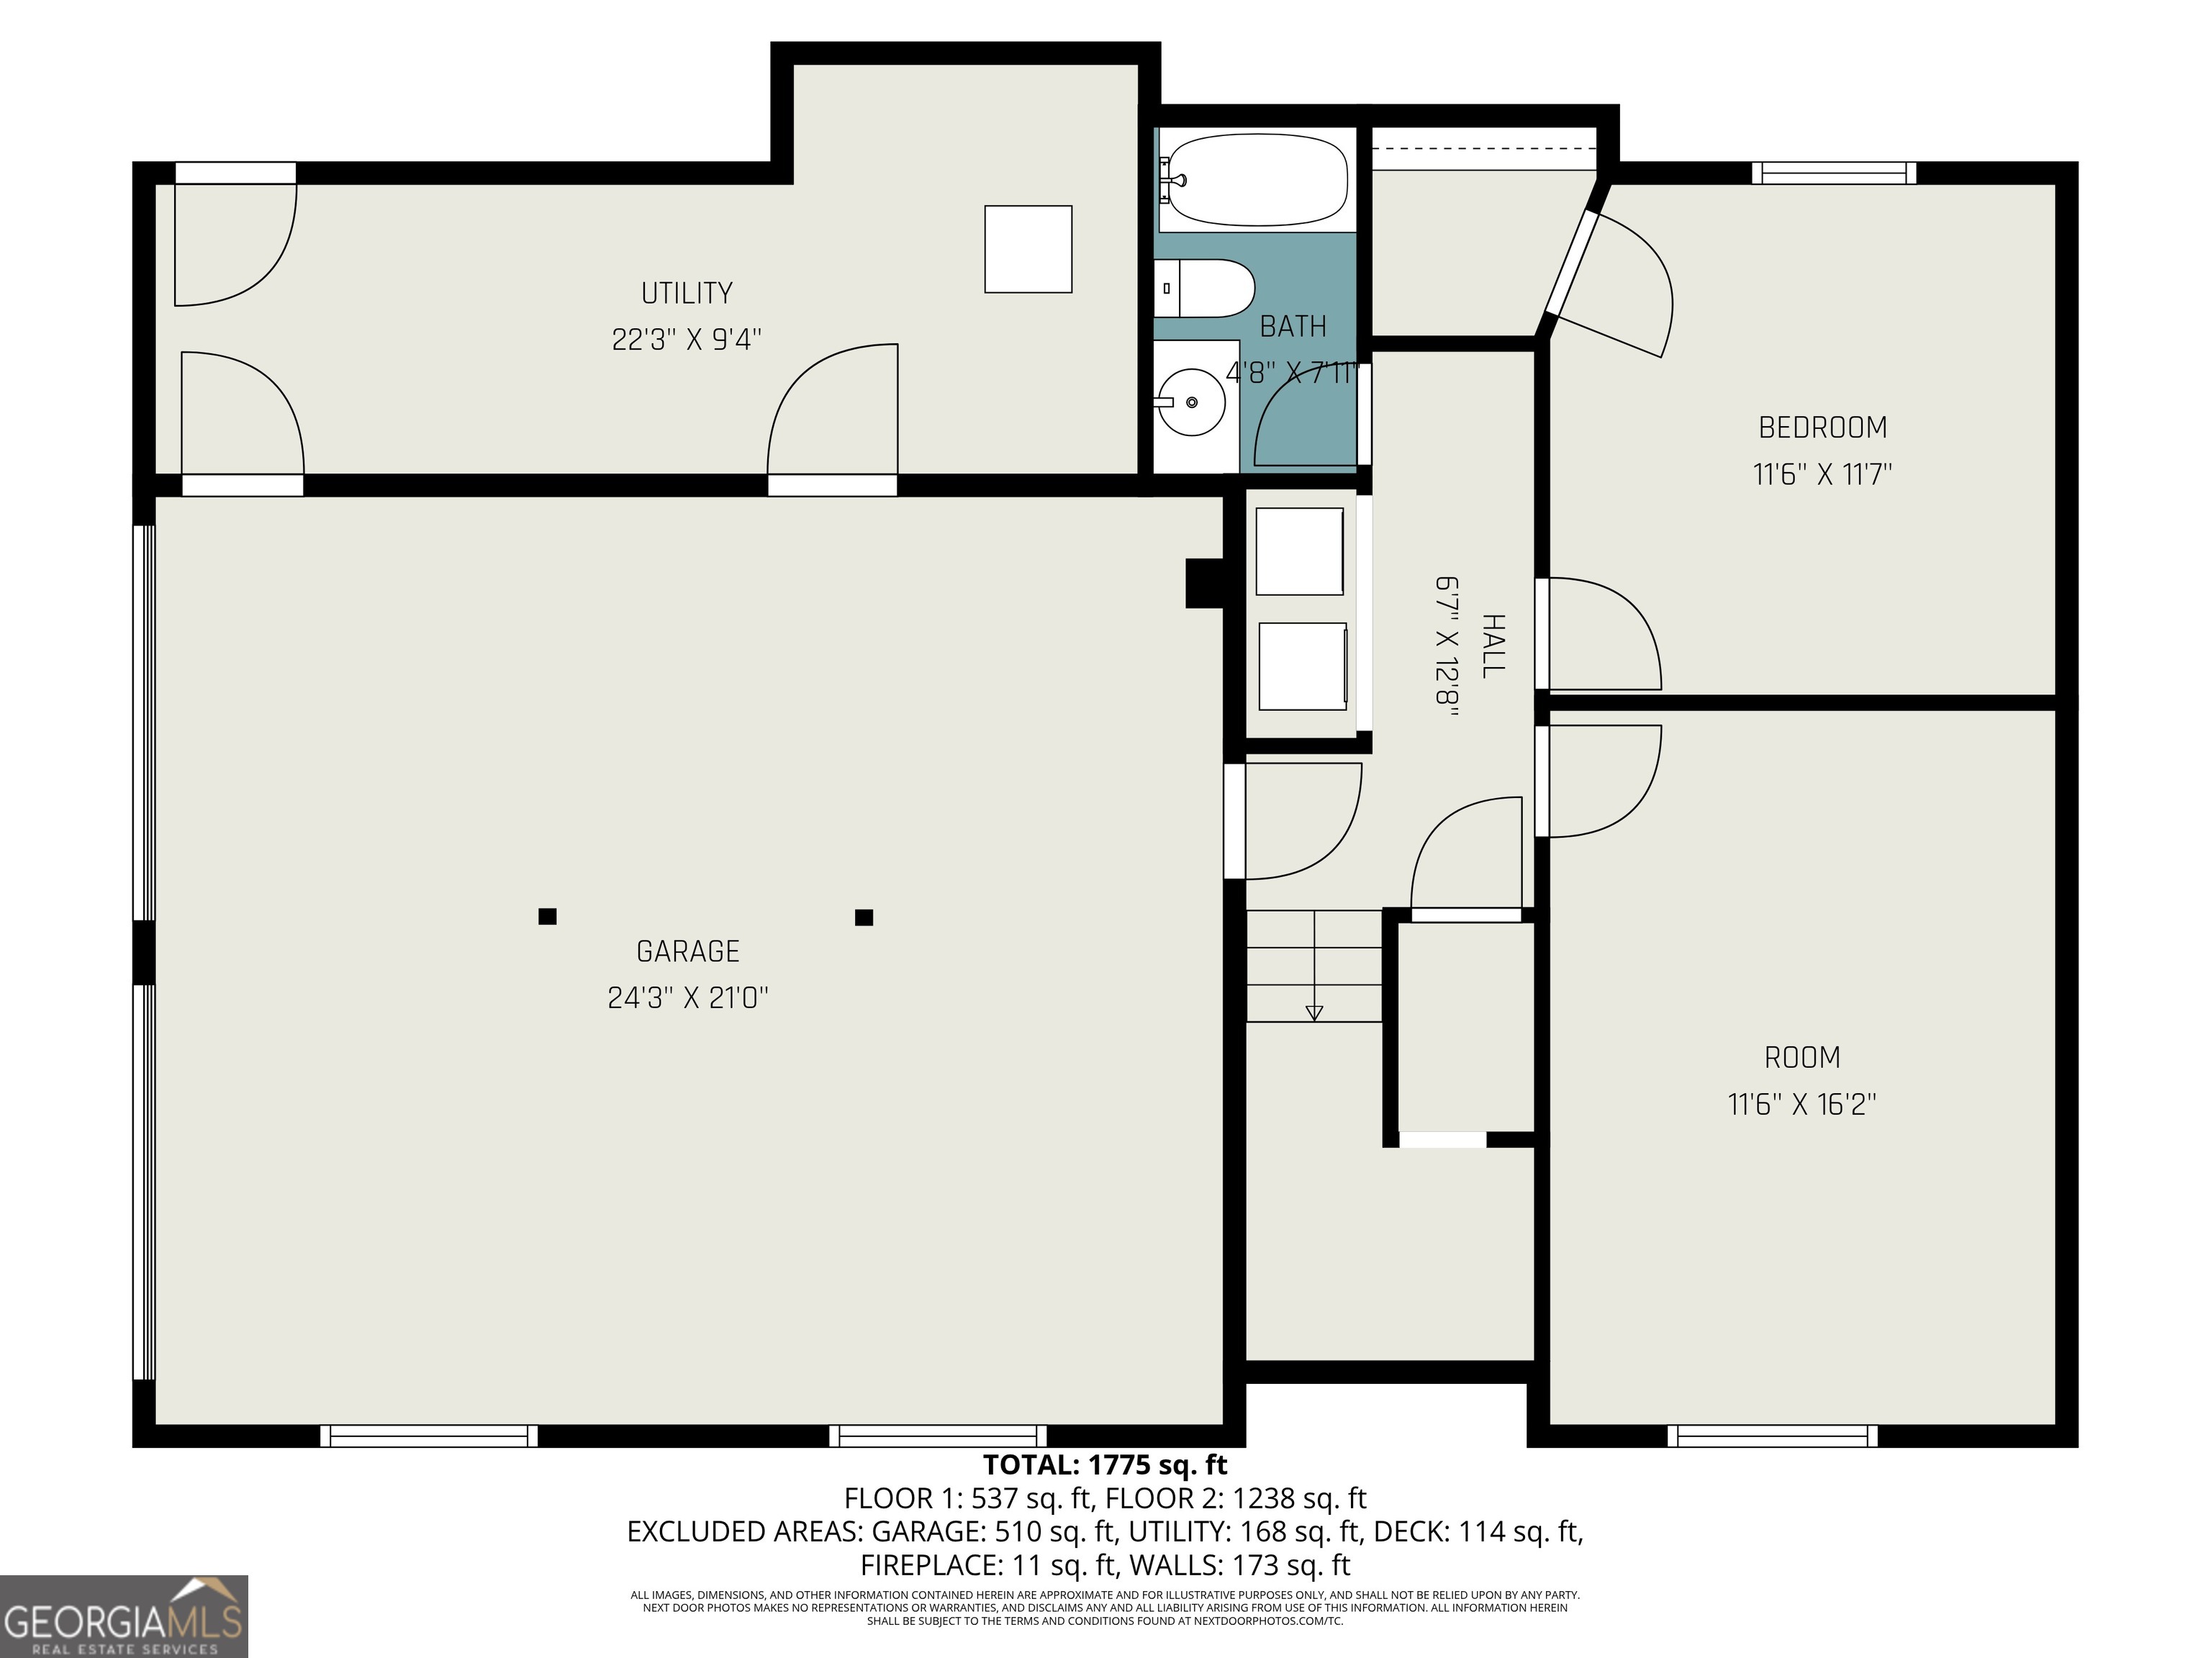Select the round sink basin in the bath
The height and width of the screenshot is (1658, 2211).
click(1191, 402)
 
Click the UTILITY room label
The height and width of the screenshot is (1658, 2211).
click(687, 293)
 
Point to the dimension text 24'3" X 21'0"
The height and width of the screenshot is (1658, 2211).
click(687, 997)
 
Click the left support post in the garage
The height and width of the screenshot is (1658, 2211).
click(547, 917)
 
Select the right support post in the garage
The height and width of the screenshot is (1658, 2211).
click(864, 918)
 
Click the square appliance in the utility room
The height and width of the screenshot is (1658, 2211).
click(1028, 249)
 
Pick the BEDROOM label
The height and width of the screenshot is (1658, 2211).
click(1822, 427)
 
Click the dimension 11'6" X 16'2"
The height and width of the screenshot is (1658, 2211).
click(1801, 1105)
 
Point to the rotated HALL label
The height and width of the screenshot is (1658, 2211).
click(1492, 647)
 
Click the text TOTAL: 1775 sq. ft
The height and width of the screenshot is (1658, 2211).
click(1105, 1465)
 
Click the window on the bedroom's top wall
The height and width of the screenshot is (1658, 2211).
click(1833, 173)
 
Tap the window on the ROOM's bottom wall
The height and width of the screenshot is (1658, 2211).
click(1771, 1436)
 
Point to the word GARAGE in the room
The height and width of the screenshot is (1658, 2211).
click(687, 951)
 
